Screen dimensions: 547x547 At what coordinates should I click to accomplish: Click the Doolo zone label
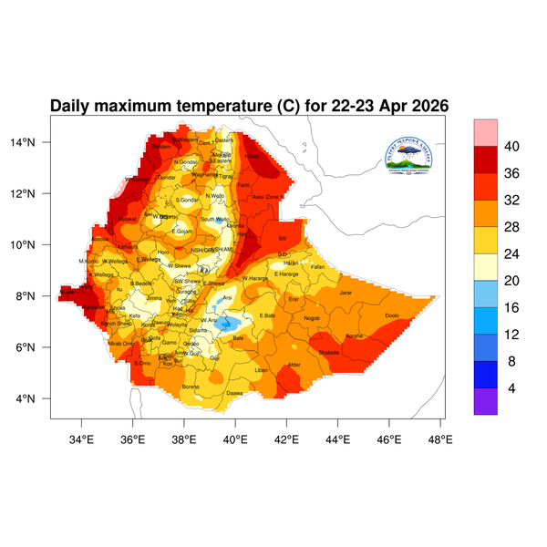coord(392,315)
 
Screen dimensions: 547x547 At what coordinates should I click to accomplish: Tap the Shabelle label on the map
coord(329,352)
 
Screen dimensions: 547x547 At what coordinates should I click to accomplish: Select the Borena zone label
coord(191,387)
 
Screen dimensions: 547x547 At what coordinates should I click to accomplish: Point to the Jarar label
coord(346,293)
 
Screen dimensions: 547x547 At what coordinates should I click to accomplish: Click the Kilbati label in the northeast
coord(253,156)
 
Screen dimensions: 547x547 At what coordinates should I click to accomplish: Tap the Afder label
coord(294,366)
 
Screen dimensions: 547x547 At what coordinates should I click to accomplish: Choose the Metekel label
coord(127,220)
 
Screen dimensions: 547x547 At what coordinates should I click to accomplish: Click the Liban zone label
coord(262,370)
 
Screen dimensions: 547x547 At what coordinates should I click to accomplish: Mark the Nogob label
coord(312,318)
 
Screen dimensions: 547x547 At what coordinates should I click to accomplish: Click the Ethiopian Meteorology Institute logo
coord(414,155)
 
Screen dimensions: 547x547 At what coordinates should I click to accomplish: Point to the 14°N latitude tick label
coord(35,142)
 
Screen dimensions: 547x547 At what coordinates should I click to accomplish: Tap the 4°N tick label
coord(37,399)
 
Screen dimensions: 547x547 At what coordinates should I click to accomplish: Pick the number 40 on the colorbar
coord(512,146)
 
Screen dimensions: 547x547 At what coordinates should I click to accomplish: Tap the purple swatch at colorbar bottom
coord(485,401)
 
